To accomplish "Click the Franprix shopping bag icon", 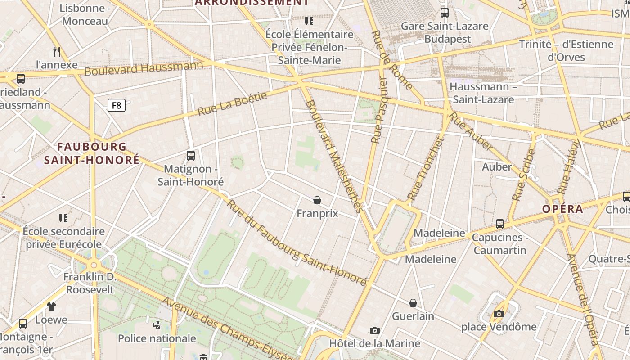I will [317, 200].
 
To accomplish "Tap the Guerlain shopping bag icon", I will [413, 303].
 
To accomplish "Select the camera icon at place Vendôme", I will [499, 314].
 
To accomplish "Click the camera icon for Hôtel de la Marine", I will [374, 331].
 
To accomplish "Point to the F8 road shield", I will [117, 105].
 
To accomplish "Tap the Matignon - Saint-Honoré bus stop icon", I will [191, 156].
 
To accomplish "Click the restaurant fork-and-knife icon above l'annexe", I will [57, 51].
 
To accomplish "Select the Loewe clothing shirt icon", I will [51, 306].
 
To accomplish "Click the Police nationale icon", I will [157, 325].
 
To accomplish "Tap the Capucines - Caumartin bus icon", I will [499, 224].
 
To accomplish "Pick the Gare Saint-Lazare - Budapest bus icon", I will [445, 13].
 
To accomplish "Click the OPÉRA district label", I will [562, 209].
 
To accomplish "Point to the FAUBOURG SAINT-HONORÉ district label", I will [92, 153].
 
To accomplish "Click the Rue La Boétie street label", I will [232, 103].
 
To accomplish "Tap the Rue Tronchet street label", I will [425, 168].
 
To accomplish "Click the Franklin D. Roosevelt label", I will [90, 283].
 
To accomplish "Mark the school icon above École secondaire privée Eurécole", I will [63, 218].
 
